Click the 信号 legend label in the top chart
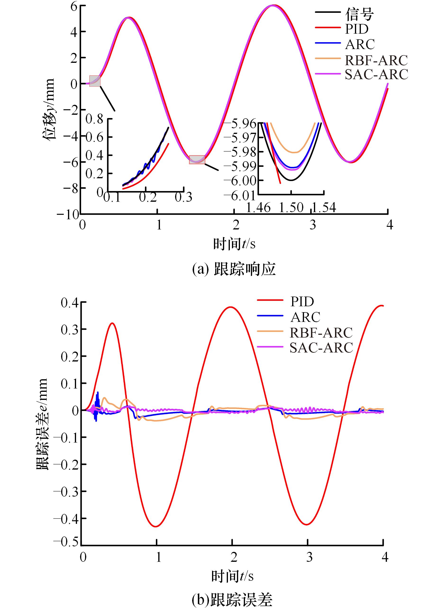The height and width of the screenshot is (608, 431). tap(359, 14)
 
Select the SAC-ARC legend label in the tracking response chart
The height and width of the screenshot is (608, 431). tap(376, 75)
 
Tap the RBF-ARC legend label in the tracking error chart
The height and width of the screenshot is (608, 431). tap(321, 333)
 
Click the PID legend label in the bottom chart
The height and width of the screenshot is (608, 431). tap(302, 302)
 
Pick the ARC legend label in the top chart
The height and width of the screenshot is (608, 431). tap(360, 44)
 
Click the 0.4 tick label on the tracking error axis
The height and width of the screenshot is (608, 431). tap(70, 303)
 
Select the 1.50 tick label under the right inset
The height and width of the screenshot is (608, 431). tap(291, 208)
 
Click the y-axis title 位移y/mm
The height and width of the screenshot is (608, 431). tap(49, 109)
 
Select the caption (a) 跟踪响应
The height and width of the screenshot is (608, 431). tap(234, 270)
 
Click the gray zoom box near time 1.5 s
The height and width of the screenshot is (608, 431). tap(197, 160)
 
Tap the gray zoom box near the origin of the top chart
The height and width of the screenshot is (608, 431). tap(95, 81)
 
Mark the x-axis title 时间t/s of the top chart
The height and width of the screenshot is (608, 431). tap(234, 244)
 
